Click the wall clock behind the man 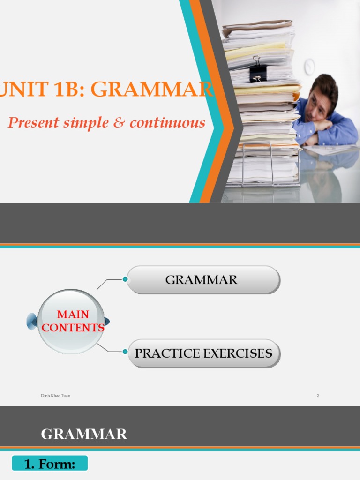pyautogui.click(x=309, y=67)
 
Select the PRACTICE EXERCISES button pyautogui.click(x=203, y=353)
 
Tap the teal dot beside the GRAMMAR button pyautogui.click(x=125, y=279)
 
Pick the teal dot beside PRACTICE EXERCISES pyautogui.click(x=125, y=352)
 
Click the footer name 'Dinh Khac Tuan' pyautogui.click(x=55, y=396)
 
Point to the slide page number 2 pyautogui.click(x=318, y=396)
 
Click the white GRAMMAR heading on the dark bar pyautogui.click(x=84, y=435)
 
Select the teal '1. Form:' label pyautogui.click(x=50, y=464)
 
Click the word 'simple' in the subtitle pyautogui.click(x=89, y=123)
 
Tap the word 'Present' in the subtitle pyautogui.click(x=34, y=123)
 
